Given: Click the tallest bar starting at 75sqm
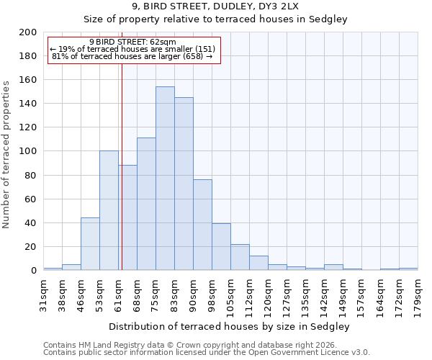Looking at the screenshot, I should click(x=165, y=179).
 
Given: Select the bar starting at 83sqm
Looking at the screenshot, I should click(x=184, y=184).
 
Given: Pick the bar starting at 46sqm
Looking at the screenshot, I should click(x=90, y=243).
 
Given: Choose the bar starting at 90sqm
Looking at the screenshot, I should click(x=202, y=225).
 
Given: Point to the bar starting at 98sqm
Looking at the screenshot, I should click(x=221, y=246).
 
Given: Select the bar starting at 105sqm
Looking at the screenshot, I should click(x=240, y=257).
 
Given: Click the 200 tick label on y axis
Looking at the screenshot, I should click(x=28, y=32).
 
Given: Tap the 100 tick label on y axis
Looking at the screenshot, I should click(x=28, y=151).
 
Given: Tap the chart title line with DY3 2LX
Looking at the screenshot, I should click(x=215, y=6).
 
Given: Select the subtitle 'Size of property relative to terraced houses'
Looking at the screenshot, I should click(x=215, y=19).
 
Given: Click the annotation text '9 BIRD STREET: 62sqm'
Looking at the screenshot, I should click(x=132, y=42).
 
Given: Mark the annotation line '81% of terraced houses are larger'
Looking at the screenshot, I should click(x=132, y=56).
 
